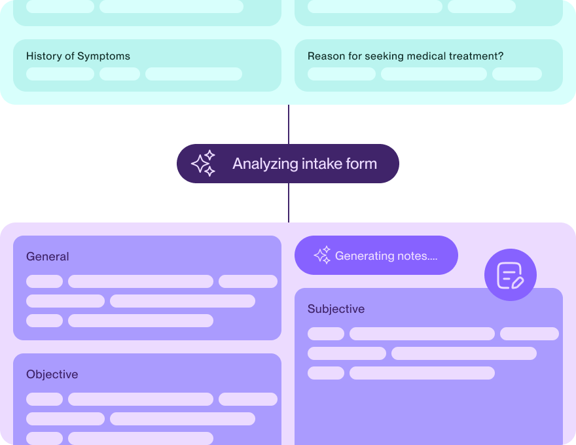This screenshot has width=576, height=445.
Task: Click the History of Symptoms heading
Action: pos(78,56)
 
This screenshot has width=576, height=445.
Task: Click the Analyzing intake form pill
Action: pos(288,164)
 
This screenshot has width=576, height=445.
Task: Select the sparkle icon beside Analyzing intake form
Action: pos(204,164)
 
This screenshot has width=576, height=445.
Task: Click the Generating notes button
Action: pos(376,255)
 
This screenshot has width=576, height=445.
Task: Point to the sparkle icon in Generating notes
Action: pos(322,255)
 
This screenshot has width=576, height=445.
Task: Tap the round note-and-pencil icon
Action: pos(511,275)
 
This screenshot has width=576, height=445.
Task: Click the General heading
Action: pos(48,257)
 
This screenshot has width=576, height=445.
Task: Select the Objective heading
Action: pos(52,374)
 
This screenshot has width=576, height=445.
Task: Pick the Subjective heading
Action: pos(336,309)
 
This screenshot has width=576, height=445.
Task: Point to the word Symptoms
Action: pos(103,56)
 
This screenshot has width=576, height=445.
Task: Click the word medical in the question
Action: pos(426,56)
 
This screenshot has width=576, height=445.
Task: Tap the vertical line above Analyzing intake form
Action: pos(289,124)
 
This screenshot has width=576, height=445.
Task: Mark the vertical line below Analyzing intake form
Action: pos(289,203)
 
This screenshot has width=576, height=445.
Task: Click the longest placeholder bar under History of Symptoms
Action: pos(194,74)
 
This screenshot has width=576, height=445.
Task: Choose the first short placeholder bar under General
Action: pos(45,281)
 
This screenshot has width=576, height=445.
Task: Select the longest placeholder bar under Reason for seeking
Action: pos(434,74)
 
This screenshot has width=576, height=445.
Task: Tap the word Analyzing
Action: pos(265,164)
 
